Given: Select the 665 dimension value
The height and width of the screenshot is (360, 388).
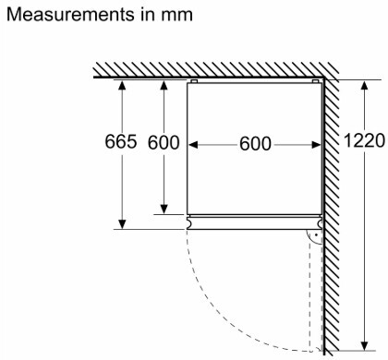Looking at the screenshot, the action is pyautogui.click(x=121, y=142).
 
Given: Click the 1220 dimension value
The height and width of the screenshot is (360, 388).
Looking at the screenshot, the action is pyautogui.click(x=364, y=140).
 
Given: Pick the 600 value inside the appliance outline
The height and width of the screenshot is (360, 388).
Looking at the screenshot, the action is pyautogui.click(x=255, y=144).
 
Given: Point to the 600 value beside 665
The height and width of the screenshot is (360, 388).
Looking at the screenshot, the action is pyautogui.click(x=164, y=142).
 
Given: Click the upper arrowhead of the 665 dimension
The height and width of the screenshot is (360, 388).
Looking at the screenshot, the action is pyautogui.click(x=122, y=85).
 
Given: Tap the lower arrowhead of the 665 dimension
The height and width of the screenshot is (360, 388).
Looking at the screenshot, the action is pyautogui.click(x=122, y=224).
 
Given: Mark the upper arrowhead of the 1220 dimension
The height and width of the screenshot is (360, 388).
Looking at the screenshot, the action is pyautogui.click(x=365, y=85).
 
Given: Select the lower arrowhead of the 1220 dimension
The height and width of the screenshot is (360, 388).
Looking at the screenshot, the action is pyautogui.click(x=365, y=346).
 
